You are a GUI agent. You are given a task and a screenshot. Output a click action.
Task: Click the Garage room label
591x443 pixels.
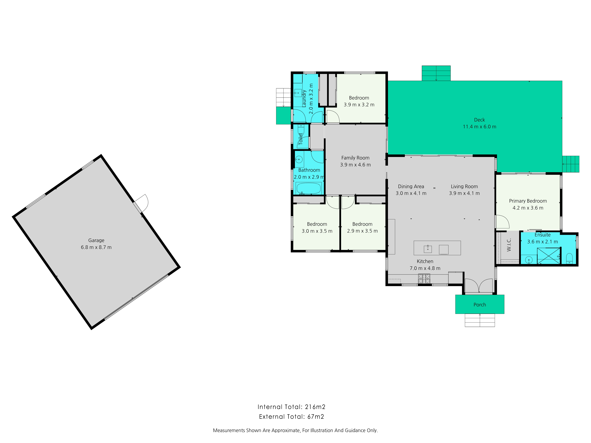[96, 240]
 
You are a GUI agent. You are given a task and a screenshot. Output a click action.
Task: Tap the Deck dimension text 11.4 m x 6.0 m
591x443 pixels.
[479, 127]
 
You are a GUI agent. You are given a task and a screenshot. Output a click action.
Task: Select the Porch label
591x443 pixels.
[480, 305]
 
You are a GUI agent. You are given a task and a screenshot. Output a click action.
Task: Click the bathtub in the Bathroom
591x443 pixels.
[309, 188]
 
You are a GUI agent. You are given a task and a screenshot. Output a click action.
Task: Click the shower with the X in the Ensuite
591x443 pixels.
[548, 256]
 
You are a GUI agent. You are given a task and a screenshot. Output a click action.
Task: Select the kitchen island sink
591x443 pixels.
[428, 249]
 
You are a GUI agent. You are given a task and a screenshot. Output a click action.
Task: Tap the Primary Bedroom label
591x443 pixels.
[528, 201]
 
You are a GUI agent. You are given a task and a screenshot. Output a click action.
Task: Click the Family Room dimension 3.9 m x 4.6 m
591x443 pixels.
[355, 165]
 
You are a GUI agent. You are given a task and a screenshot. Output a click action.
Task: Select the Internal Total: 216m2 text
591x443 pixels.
[291, 407]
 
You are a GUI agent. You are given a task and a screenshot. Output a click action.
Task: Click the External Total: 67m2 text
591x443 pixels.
[291, 417]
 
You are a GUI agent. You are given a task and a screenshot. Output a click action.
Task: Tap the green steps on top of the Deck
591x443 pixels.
[436, 73]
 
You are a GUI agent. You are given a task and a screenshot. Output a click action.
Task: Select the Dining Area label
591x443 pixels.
[411, 186]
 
